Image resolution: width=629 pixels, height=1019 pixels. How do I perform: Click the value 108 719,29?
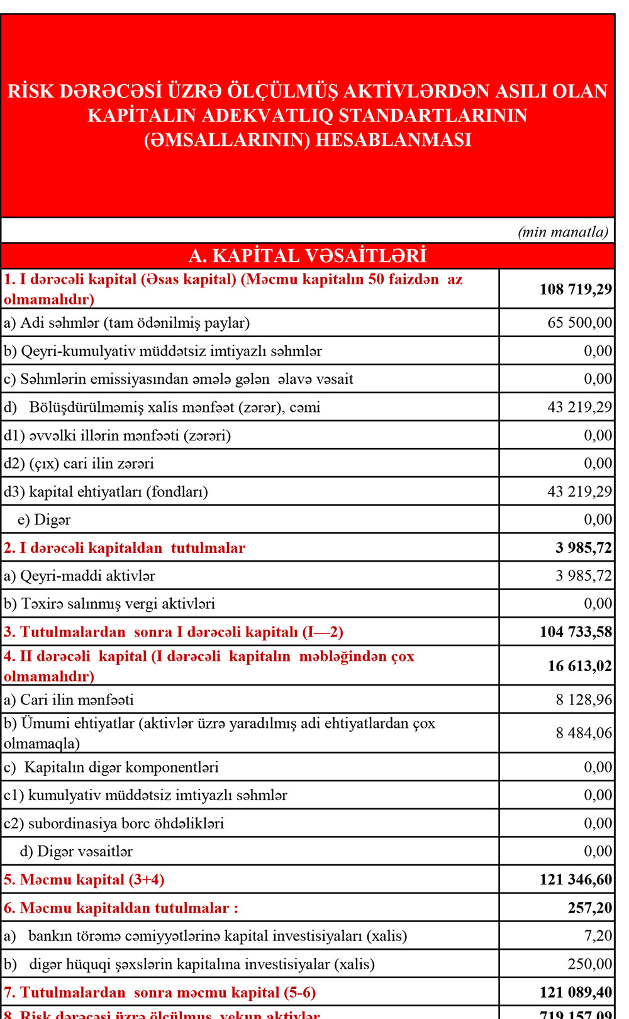[x=575, y=289]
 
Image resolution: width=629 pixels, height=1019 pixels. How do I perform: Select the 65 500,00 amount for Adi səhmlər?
[x=579, y=323]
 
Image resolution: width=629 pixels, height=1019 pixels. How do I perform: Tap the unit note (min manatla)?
[x=563, y=232]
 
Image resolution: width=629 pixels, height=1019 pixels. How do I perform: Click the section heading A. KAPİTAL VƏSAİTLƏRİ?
[x=308, y=255]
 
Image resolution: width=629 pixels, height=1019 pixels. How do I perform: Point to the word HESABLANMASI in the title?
[x=393, y=140]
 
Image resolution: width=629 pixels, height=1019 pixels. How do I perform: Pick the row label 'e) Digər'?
[x=44, y=520]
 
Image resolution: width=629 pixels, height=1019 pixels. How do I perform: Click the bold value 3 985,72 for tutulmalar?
[x=583, y=548]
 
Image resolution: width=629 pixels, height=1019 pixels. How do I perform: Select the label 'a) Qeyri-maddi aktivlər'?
[x=79, y=576]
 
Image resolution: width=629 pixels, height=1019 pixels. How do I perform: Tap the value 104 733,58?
[x=575, y=632]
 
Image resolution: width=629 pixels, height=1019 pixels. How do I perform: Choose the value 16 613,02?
[x=579, y=666]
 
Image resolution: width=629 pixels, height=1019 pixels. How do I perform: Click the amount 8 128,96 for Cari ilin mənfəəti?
[x=583, y=700]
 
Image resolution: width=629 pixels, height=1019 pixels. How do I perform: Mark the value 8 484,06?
[x=583, y=733]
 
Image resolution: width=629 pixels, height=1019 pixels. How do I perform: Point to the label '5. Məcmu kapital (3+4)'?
[x=84, y=879]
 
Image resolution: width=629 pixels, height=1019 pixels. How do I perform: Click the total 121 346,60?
[x=575, y=879]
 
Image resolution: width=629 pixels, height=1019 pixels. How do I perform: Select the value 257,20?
[x=590, y=908]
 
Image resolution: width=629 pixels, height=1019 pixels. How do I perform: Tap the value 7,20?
[x=598, y=936]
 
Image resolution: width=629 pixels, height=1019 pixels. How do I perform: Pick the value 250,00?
[x=590, y=964]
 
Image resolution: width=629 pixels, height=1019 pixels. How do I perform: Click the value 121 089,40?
[x=575, y=993]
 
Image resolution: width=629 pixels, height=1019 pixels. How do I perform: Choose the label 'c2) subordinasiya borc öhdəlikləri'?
[x=114, y=823]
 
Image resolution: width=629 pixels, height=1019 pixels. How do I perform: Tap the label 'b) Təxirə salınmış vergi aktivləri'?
[x=109, y=604]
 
